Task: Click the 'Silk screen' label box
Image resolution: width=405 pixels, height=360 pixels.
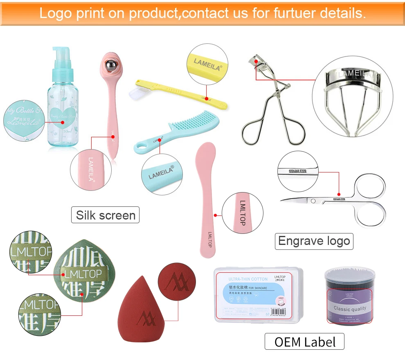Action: (x=106, y=215)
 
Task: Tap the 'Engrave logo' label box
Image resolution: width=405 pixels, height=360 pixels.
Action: (x=314, y=241)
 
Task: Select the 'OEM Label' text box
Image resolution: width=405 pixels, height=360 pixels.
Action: (x=305, y=342)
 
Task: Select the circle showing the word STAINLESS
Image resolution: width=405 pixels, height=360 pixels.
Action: (x=298, y=172)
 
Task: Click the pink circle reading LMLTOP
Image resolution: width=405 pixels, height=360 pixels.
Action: (x=242, y=213)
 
